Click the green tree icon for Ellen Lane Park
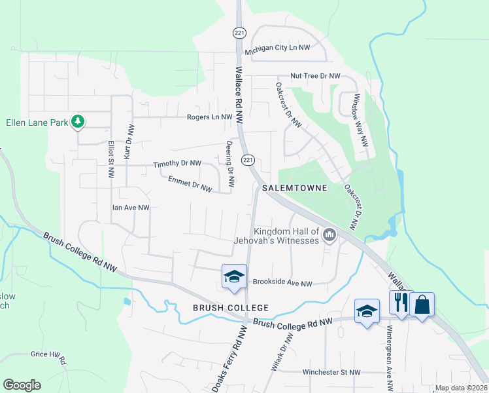click(78, 122)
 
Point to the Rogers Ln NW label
click(209, 117)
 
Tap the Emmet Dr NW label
click(190, 183)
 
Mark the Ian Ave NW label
click(131, 208)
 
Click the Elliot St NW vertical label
click(110, 159)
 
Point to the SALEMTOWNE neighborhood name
click(294, 188)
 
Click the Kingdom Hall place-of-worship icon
click(329, 234)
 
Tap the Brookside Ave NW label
click(282, 284)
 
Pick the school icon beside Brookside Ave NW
click(234, 277)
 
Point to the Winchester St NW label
click(331, 372)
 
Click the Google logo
click(22, 385)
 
